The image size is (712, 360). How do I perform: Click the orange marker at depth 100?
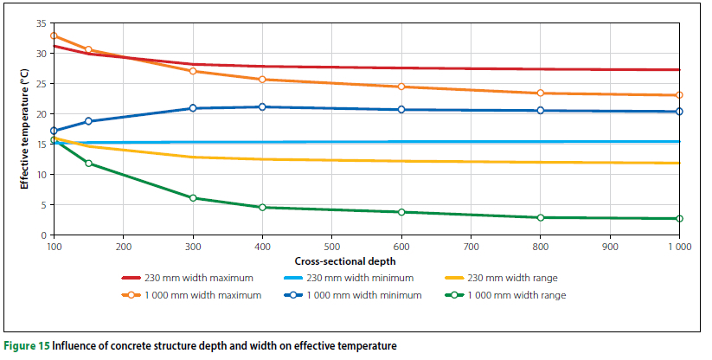coord(54,36)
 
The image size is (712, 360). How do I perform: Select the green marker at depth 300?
coord(193,198)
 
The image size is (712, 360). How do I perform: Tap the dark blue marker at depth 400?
coord(262,107)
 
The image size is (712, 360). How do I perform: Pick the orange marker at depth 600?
coord(401,87)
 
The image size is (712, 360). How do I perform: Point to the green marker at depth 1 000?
coord(679,219)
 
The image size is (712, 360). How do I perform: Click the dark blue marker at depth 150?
coord(88,121)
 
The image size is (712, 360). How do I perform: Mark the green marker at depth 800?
coord(541,217)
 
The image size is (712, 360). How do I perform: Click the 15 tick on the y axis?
coord(41,145)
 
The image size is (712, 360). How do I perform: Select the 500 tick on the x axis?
coord(331,245)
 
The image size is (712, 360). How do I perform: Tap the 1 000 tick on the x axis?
coord(678,245)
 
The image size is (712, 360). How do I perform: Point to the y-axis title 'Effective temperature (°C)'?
coord(25,129)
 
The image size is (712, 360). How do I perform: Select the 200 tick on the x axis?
coord(123,245)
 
